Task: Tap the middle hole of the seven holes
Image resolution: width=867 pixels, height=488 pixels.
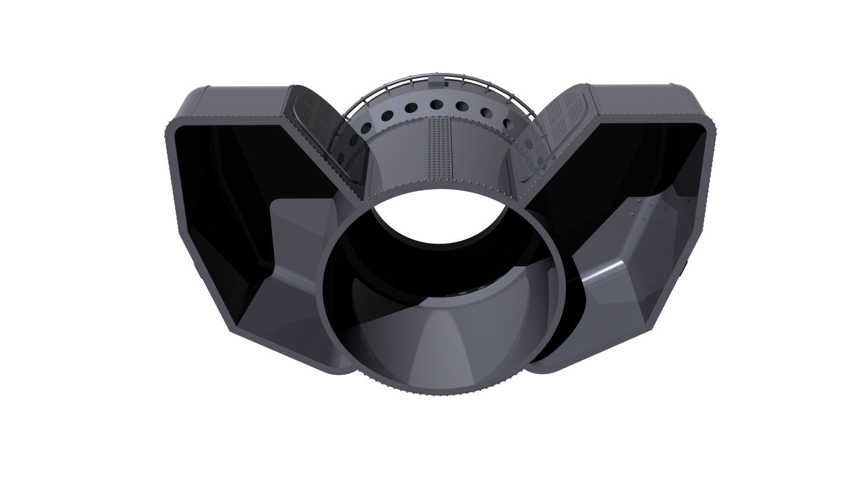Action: click(x=436, y=105)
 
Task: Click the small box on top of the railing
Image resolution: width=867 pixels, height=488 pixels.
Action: click(x=436, y=80)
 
